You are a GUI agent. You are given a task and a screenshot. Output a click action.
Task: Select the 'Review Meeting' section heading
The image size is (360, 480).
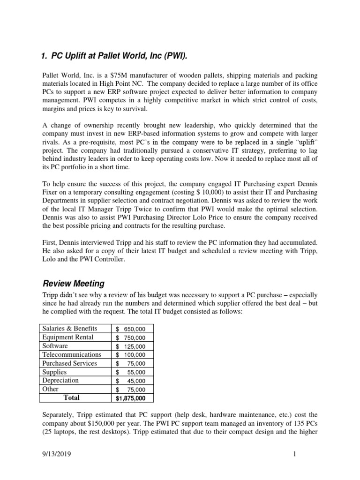74,284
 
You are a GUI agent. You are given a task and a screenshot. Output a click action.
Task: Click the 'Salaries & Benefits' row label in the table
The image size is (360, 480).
70,328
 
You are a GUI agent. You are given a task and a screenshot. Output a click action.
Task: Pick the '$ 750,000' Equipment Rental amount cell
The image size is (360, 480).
131,337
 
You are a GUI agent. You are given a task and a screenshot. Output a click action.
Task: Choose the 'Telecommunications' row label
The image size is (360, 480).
72,355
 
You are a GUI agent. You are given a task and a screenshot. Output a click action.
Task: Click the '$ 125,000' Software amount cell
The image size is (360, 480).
131,346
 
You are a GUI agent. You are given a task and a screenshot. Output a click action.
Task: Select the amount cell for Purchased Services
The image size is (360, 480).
131,364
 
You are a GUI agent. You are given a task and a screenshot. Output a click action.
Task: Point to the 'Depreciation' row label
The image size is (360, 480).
60,381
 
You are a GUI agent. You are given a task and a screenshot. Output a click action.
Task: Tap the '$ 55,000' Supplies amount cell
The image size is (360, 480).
131,372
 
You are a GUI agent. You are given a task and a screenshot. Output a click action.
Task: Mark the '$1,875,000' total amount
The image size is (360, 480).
131,398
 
